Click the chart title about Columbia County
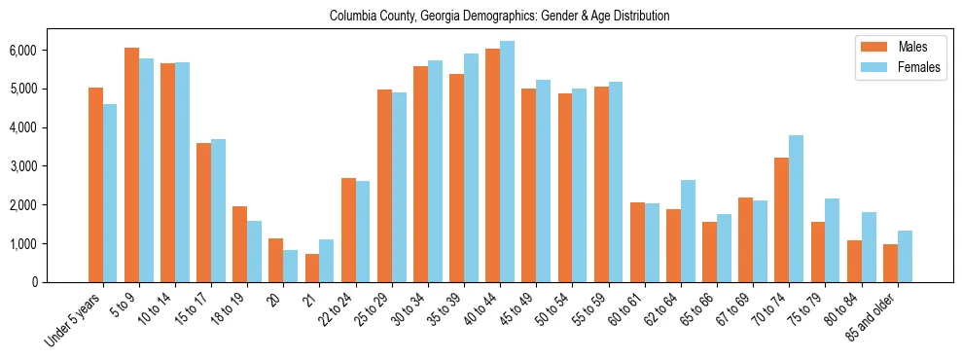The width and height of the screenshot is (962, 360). pyautogui.click(x=499, y=17)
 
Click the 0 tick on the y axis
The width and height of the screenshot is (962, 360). pyautogui.click(x=61, y=282)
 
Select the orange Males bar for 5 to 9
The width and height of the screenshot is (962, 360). pyautogui.click(x=131, y=165)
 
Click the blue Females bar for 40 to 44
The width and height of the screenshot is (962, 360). pyautogui.click(x=507, y=162)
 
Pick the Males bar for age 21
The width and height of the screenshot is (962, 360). pyautogui.click(x=312, y=269)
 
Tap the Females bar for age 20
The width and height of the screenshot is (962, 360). pyautogui.click(x=290, y=267)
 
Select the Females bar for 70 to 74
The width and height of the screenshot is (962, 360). pyautogui.click(x=796, y=209)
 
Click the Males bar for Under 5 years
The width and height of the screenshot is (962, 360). pyautogui.click(x=95, y=185)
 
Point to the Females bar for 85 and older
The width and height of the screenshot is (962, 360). pyautogui.click(x=905, y=257)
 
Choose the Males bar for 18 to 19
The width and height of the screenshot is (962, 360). pyautogui.click(x=239, y=244)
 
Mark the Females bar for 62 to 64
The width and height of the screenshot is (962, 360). pyautogui.click(x=688, y=232)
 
